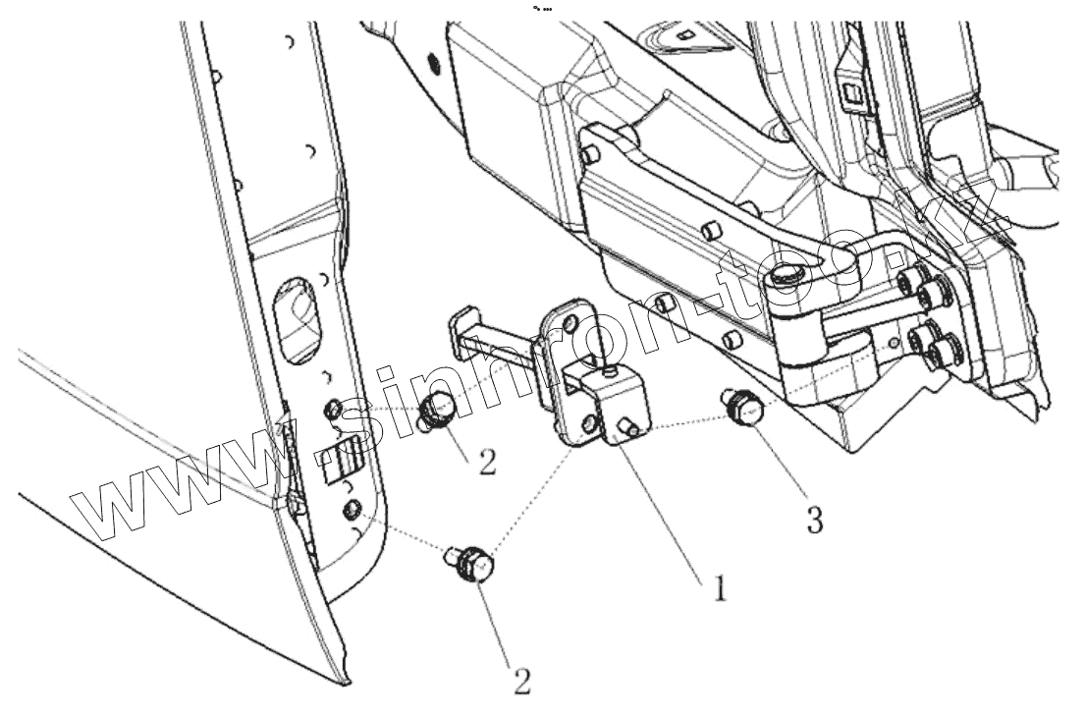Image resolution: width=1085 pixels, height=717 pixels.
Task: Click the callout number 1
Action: pyautogui.click(x=719, y=587)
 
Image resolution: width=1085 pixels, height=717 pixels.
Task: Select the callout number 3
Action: pyautogui.click(x=814, y=520)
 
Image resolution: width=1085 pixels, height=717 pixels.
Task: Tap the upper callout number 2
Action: pyautogui.click(x=487, y=460)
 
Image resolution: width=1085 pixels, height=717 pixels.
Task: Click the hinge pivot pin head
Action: pyautogui.click(x=787, y=279)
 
